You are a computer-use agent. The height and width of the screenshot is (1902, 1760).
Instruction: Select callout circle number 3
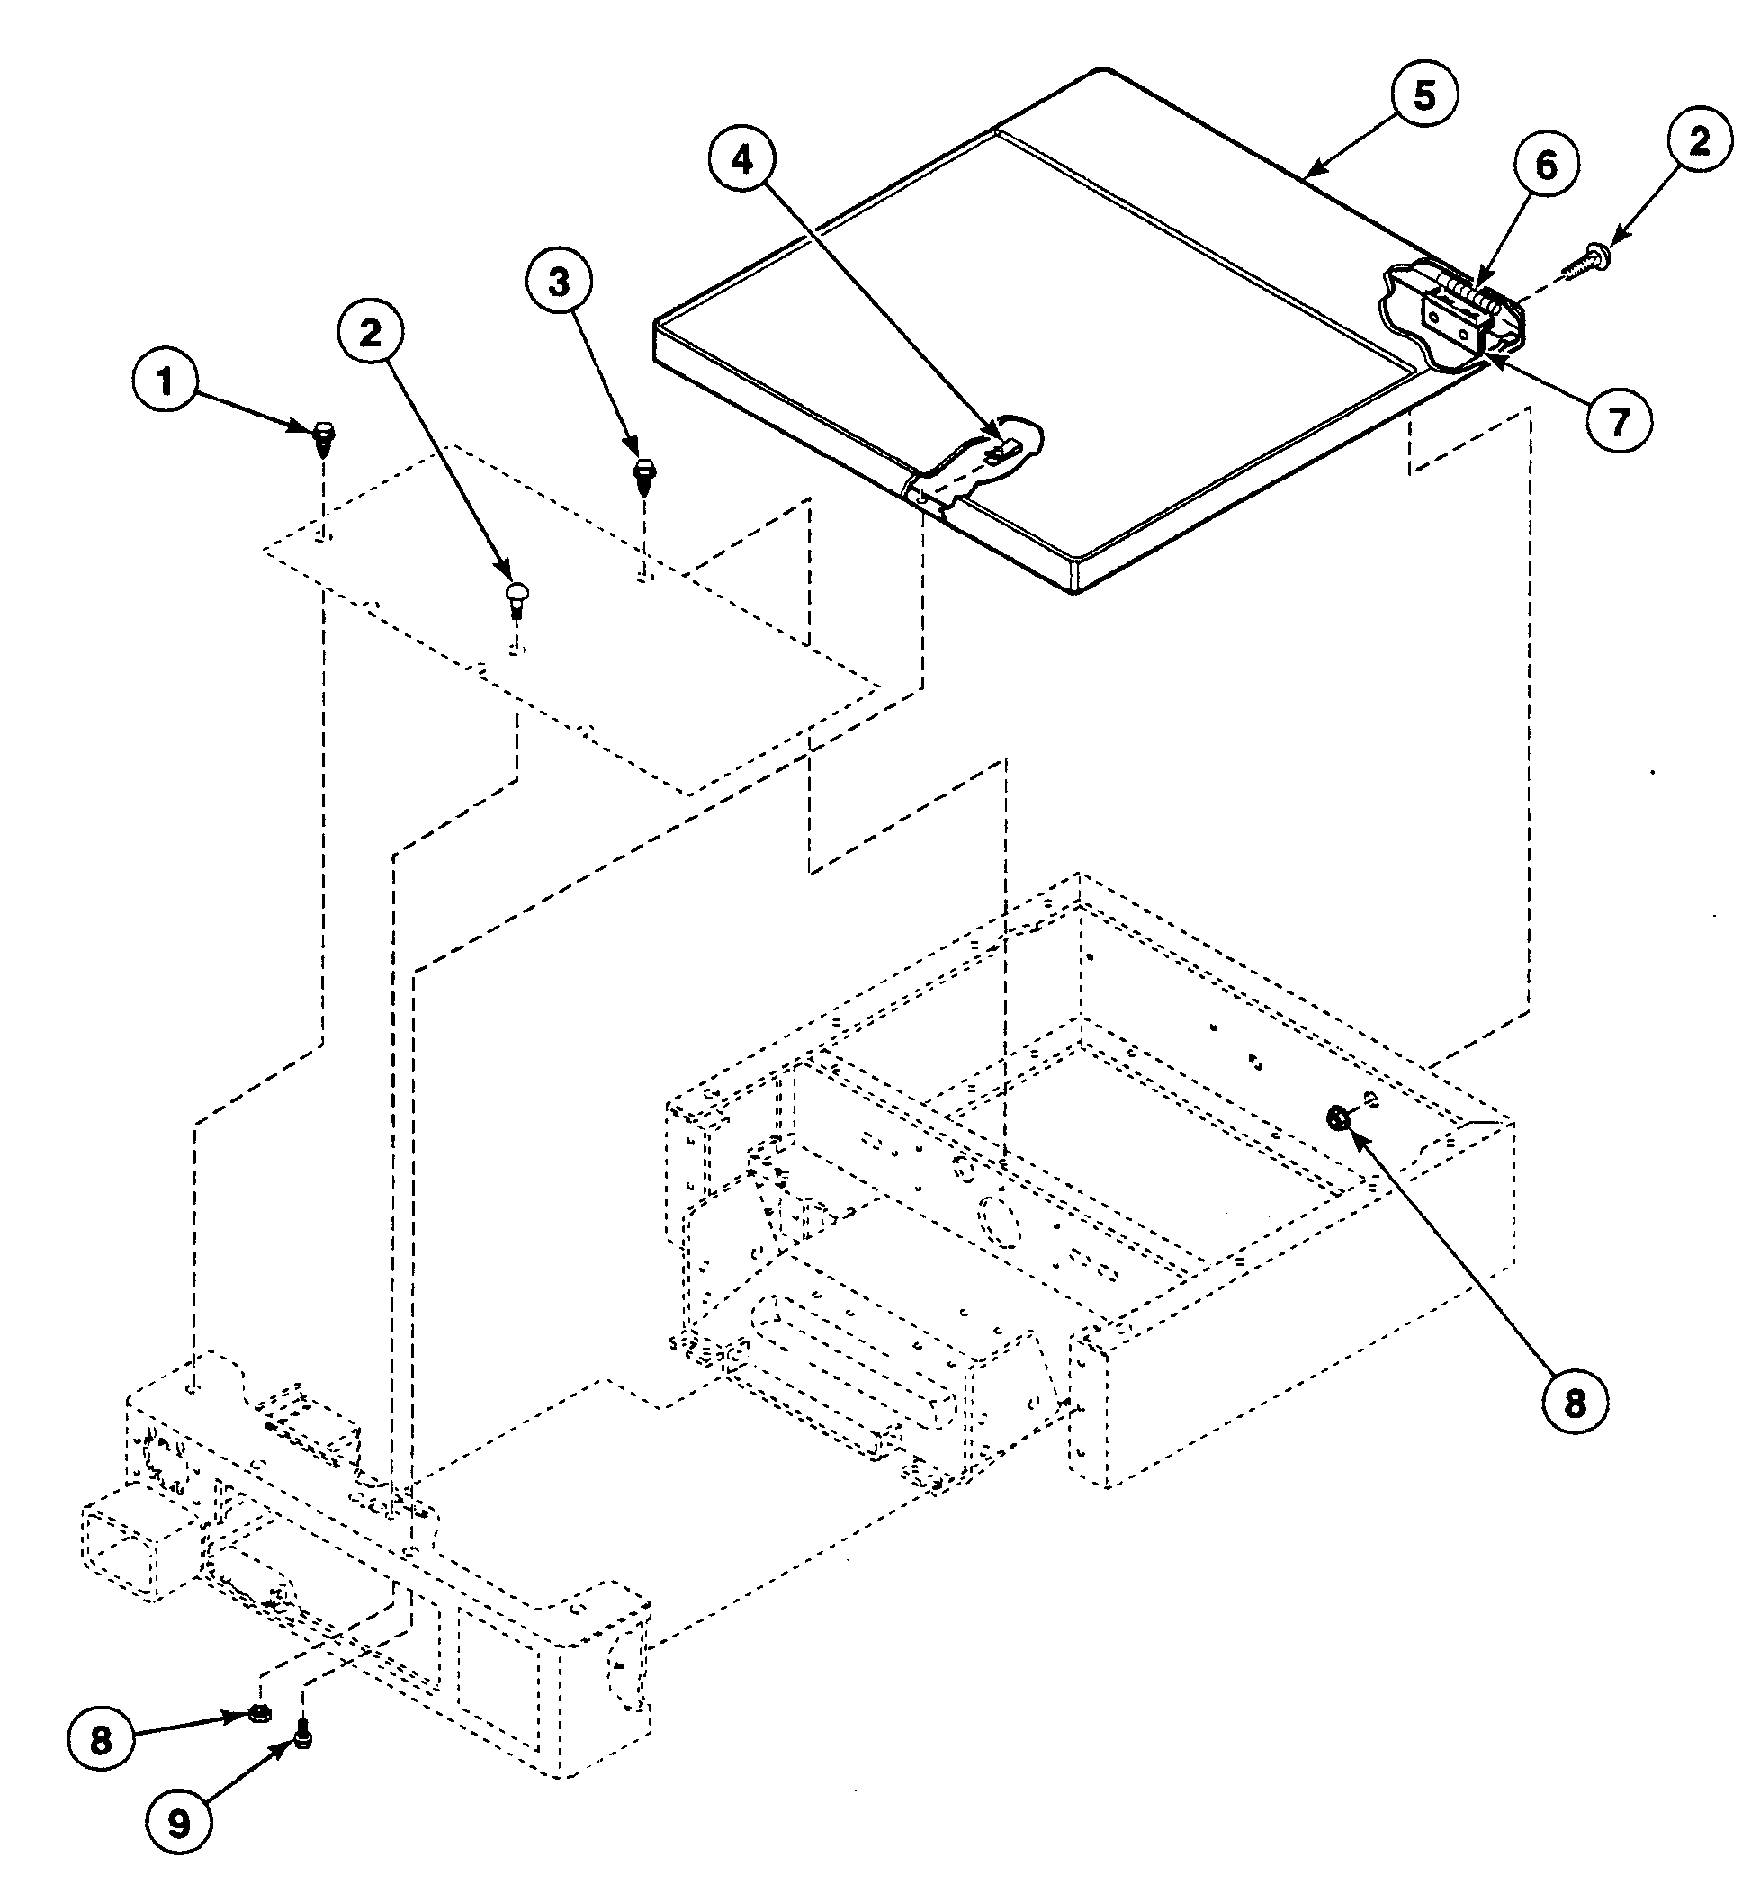(558, 282)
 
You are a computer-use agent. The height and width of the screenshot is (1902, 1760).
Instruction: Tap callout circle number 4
(742, 160)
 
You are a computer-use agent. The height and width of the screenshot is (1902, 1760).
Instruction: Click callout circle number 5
(1423, 95)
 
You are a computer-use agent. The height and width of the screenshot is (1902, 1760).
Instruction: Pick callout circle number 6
(1546, 166)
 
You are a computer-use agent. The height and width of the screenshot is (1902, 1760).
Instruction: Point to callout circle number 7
(1619, 419)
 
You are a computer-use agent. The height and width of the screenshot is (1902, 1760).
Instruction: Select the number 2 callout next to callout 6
(1699, 141)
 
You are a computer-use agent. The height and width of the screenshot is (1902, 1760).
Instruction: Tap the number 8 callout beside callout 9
(101, 1740)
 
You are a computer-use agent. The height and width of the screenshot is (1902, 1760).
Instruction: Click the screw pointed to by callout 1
(324, 438)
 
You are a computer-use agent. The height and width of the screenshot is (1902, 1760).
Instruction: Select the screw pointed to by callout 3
(644, 474)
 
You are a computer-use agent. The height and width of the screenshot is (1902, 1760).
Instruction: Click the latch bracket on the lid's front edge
(972, 462)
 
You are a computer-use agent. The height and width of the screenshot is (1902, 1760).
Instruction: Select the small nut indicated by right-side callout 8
(1337, 1117)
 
